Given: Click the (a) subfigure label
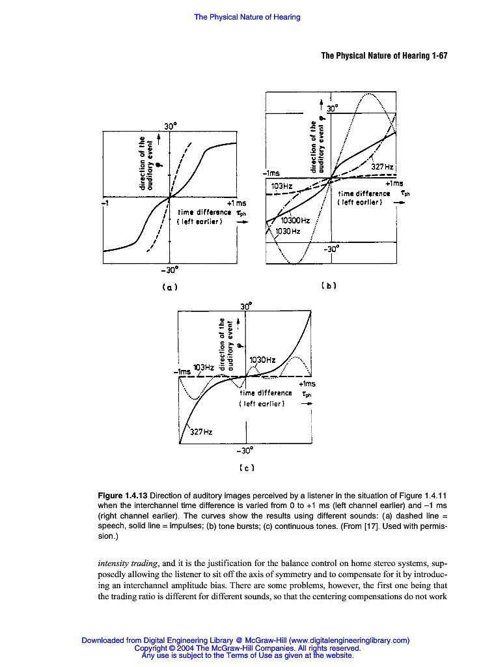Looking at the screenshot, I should tap(171, 286).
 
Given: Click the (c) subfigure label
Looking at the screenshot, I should tap(246, 466).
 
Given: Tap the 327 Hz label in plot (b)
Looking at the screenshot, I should tap(382, 167).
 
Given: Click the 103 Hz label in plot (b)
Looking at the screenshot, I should tap(282, 186).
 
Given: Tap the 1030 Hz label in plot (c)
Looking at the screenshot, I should tap(263, 360).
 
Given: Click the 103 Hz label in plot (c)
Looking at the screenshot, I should tap(204, 367).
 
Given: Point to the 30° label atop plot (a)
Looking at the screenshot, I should tap(171, 124).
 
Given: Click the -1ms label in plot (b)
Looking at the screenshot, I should tap(271, 173).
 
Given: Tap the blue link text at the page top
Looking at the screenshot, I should tap(247, 17).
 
